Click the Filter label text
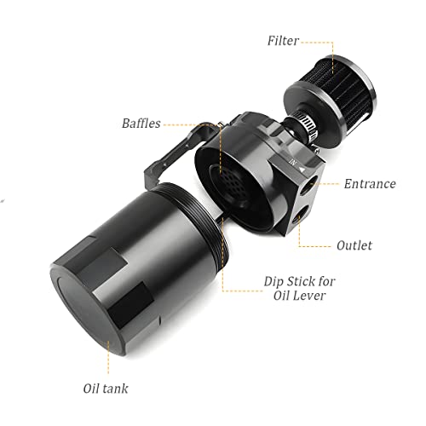pyautogui.click(x=283, y=41)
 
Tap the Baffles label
pyautogui.click(x=141, y=124)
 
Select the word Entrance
pyautogui.click(x=370, y=184)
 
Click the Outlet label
pyautogui.click(x=354, y=245)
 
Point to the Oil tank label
pyautogui.click(x=106, y=389)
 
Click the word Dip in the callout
pyautogui.click(x=273, y=282)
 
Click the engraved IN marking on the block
pyautogui.click(x=293, y=163)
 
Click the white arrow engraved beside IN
pyautogui.click(x=302, y=170)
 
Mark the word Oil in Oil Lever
pyautogui.click(x=281, y=296)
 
